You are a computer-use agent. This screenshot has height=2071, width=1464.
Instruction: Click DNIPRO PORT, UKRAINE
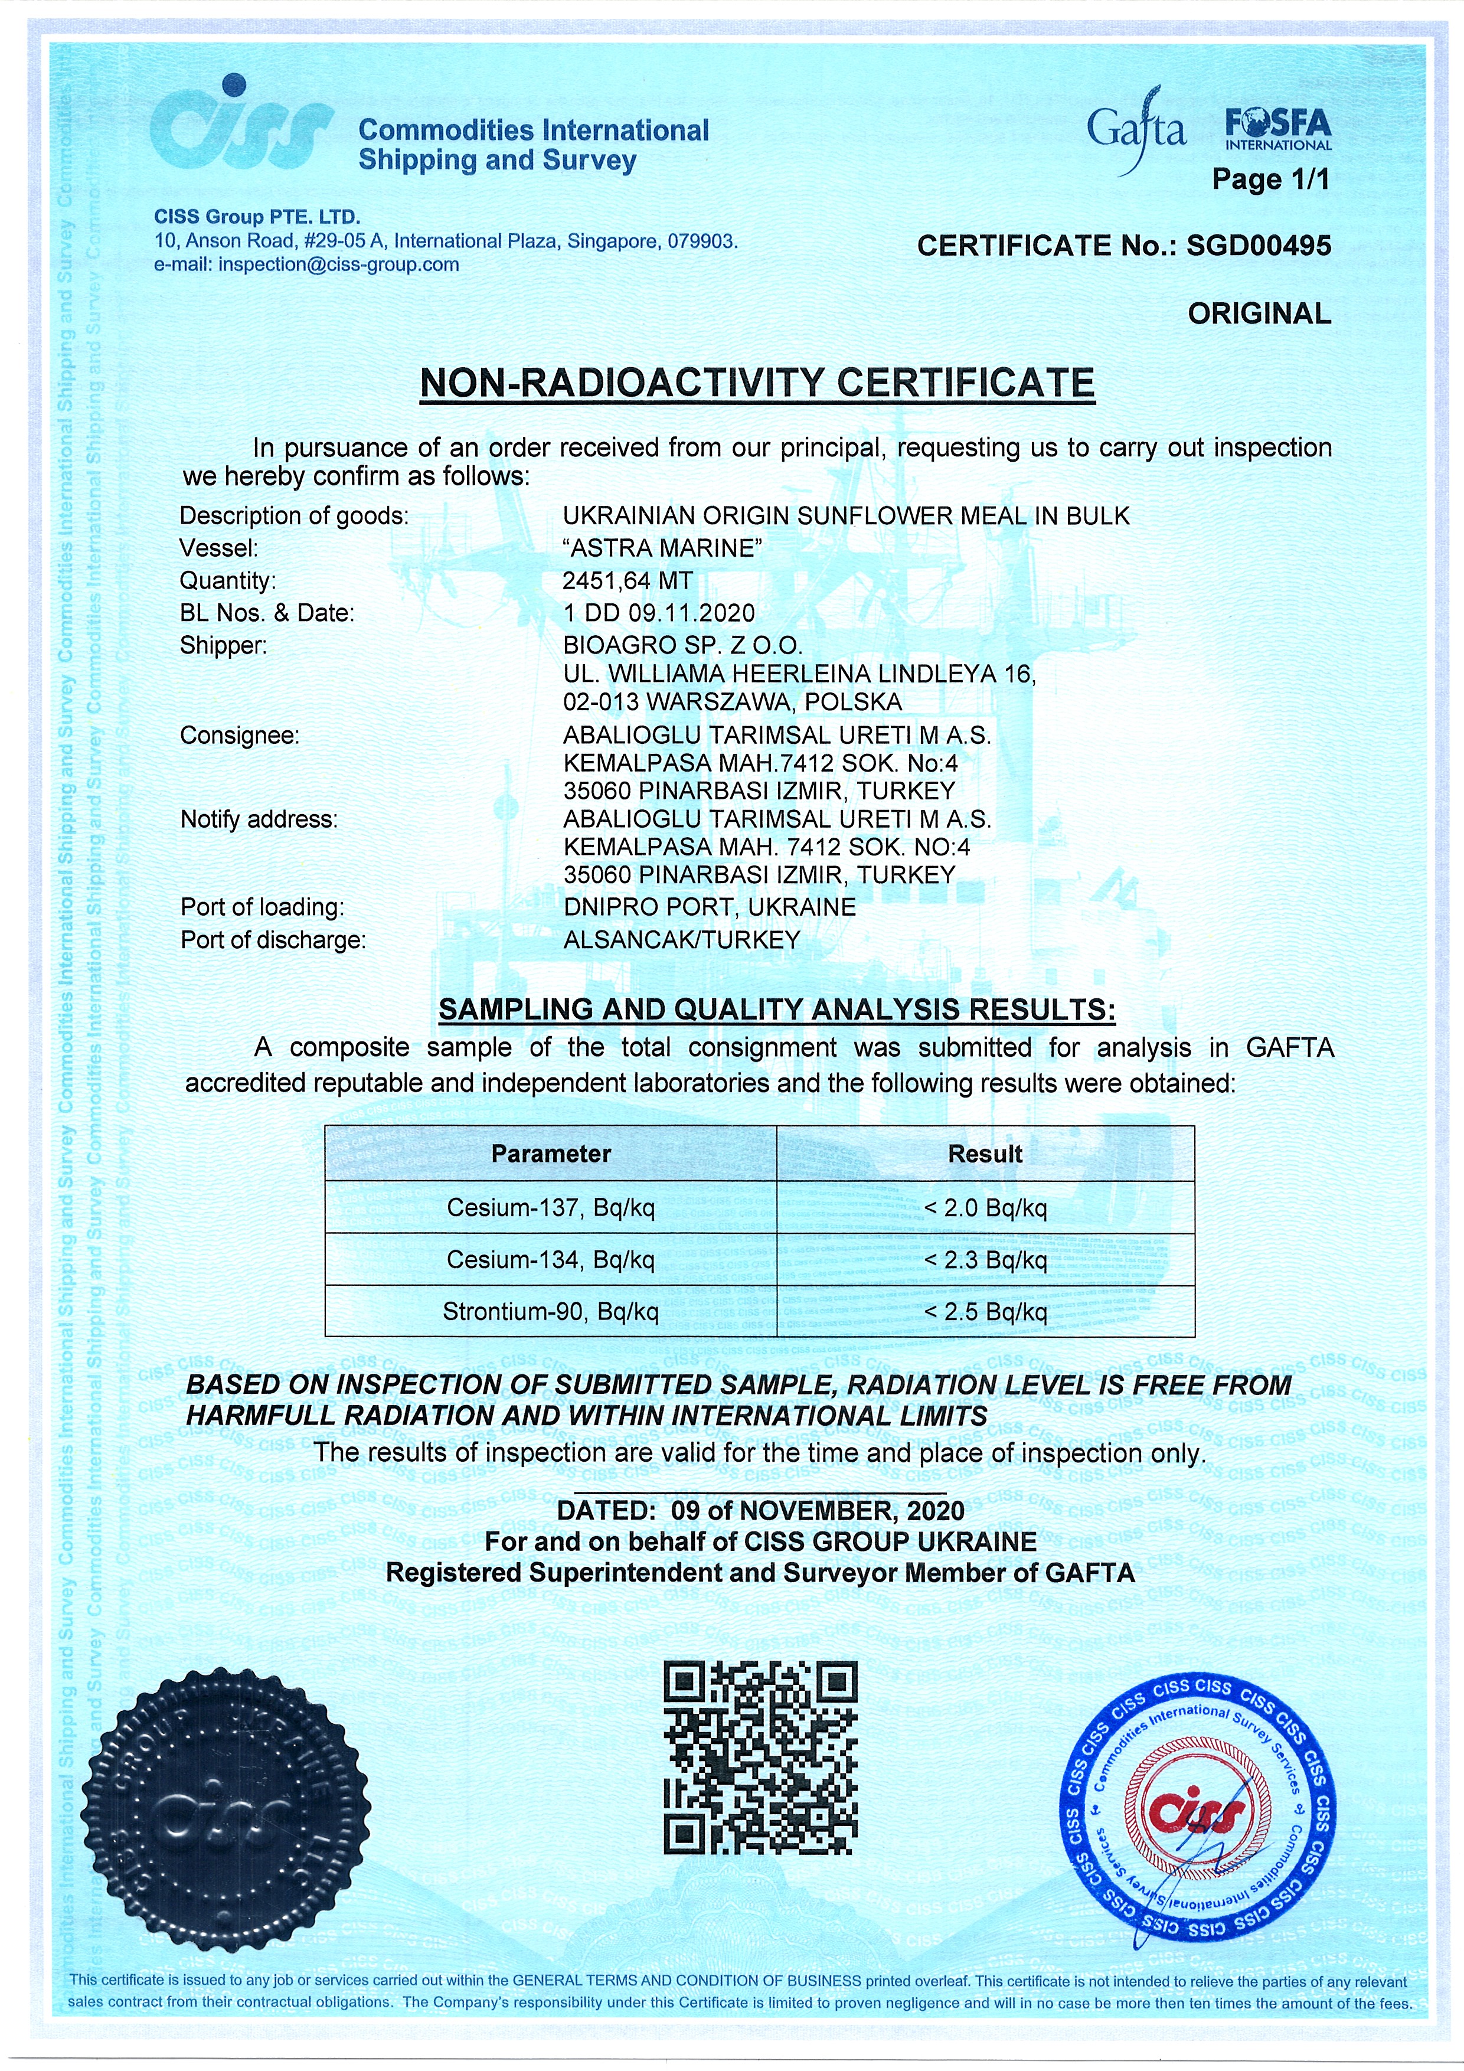click(709, 907)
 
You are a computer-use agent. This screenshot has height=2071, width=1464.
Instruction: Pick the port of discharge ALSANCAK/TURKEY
click(681, 939)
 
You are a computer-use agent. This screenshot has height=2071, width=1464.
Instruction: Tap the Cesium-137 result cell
click(985, 1207)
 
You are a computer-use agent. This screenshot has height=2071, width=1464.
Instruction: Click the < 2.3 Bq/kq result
click(985, 1259)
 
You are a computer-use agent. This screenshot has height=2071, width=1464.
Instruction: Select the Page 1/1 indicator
click(1270, 179)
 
